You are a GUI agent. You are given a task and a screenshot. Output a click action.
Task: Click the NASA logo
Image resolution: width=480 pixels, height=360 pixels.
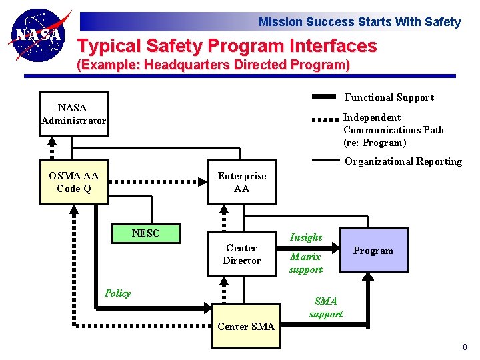(x=39, y=35)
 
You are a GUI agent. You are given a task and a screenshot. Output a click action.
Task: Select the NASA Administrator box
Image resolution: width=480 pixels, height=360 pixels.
(x=73, y=114)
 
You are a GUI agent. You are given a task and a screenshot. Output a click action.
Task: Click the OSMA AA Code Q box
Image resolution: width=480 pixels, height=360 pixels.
(x=73, y=182)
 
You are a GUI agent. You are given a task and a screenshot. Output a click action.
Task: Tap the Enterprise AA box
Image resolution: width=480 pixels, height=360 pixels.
(x=241, y=182)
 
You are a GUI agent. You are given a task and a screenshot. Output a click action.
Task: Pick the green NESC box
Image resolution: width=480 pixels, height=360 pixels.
(x=146, y=233)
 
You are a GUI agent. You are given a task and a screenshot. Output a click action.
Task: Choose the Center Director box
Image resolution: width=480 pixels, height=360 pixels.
(x=241, y=254)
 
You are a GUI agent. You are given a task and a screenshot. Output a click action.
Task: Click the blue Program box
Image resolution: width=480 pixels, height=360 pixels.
(x=373, y=251)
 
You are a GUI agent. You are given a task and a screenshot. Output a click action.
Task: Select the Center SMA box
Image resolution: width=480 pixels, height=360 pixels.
(x=245, y=326)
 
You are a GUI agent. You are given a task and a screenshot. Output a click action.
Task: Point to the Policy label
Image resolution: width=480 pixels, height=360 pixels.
(x=118, y=293)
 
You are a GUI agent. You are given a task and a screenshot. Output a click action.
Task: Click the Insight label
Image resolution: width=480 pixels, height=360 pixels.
(x=306, y=237)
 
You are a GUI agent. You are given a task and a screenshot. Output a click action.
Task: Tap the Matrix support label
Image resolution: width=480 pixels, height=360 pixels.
(x=305, y=263)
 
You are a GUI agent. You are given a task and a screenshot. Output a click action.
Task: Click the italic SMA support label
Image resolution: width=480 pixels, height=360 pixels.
(x=326, y=307)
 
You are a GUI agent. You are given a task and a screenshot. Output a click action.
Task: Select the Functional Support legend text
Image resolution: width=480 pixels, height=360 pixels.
(x=389, y=97)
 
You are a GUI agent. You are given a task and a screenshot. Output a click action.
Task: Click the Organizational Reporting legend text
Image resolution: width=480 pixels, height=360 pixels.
(x=403, y=161)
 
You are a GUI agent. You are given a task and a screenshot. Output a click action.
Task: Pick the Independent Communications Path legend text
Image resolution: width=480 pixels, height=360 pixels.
(x=393, y=130)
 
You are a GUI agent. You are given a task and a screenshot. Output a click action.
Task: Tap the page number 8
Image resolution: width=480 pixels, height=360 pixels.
(x=465, y=347)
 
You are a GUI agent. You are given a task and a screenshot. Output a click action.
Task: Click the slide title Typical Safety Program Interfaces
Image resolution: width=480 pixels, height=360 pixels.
(x=227, y=46)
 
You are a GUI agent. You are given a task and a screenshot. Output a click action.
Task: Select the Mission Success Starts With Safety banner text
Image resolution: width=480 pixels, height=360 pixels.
(x=359, y=22)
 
